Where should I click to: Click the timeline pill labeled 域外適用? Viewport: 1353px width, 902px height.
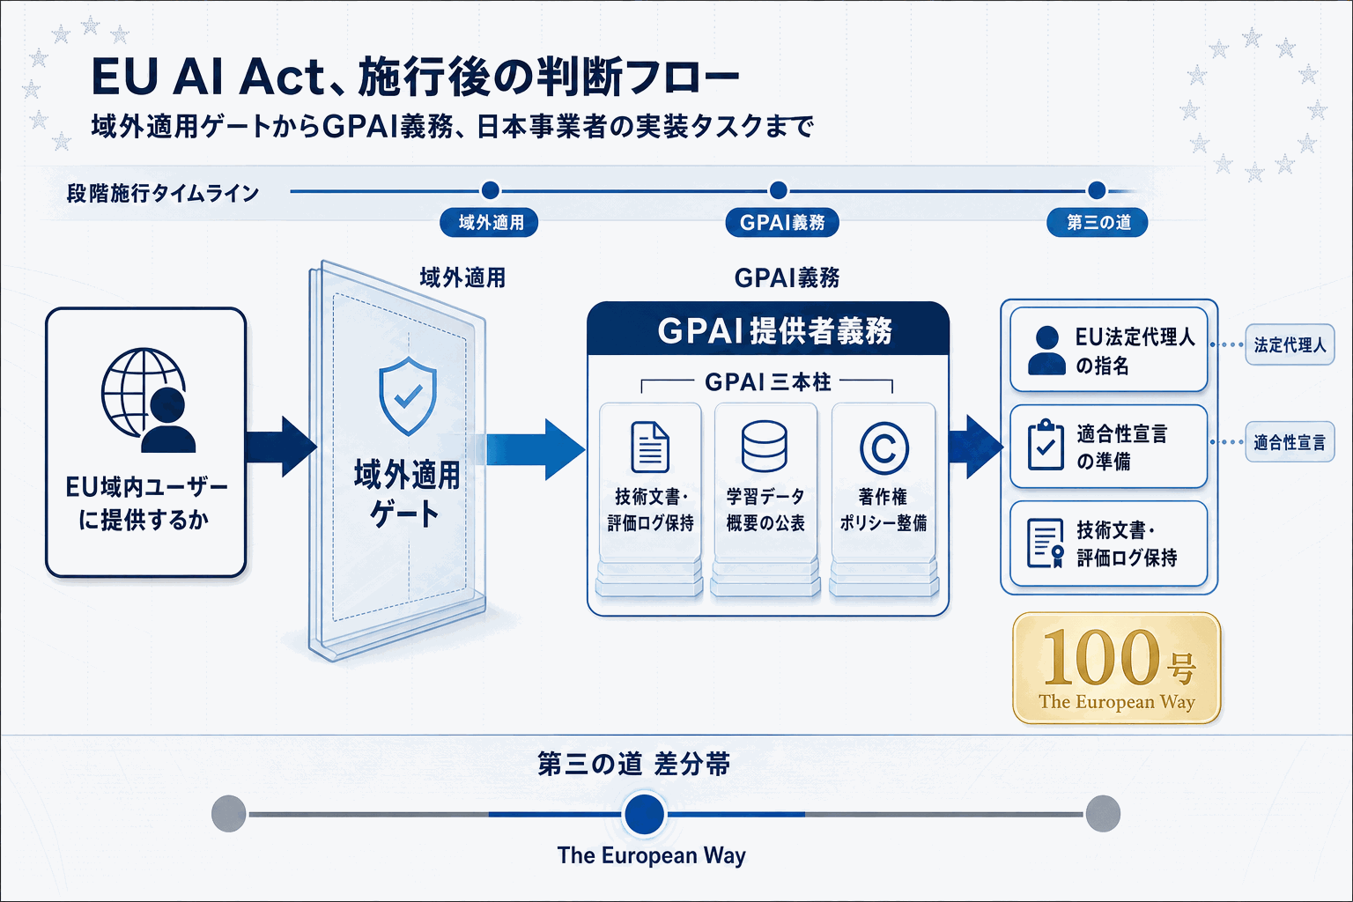[x=489, y=222]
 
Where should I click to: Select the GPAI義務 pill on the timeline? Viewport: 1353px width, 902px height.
[x=781, y=222]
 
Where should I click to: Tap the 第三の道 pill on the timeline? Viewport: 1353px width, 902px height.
[x=1097, y=222]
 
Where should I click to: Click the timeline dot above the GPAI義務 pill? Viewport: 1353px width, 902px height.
[x=779, y=190]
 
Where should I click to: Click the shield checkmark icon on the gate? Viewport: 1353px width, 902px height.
[x=408, y=396]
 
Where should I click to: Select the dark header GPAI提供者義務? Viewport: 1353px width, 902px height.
[x=768, y=329]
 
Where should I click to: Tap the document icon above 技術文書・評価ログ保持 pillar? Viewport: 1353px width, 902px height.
[x=649, y=447]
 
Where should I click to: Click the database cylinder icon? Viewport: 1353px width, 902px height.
[x=764, y=446]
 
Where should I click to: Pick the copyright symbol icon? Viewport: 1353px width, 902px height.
[x=884, y=448]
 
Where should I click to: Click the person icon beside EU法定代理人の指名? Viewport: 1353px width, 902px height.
[x=1046, y=351]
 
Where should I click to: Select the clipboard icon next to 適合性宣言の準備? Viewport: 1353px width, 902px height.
[x=1046, y=445]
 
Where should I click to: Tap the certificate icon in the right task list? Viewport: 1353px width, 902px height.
[x=1046, y=543]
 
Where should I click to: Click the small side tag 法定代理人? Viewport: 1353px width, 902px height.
[x=1290, y=345]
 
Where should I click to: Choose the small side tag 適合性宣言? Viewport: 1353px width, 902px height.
[x=1290, y=442]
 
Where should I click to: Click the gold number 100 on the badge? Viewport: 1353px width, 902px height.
[x=1099, y=657]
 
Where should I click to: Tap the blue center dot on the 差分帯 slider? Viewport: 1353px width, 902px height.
[x=645, y=814]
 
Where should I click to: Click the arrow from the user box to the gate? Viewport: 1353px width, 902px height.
[x=282, y=447]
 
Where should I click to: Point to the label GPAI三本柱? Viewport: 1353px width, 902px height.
[x=768, y=382]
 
